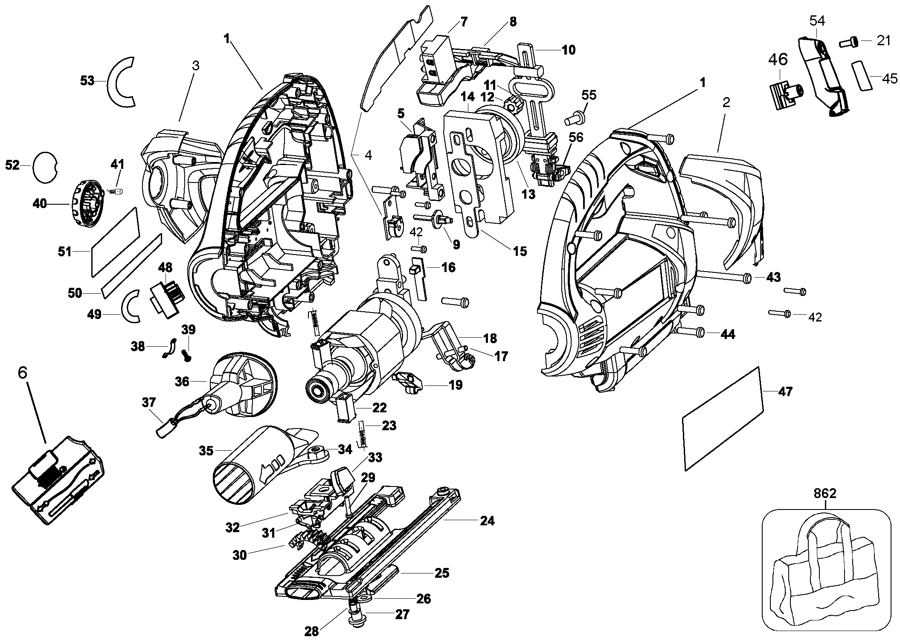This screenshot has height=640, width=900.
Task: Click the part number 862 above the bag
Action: tap(825, 494)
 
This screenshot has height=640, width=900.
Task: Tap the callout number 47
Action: tap(785, 391)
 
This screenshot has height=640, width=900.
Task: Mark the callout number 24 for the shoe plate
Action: tap(488, 521)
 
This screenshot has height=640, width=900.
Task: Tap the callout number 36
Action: tap(182, 381)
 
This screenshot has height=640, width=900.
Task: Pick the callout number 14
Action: tap(468, 96)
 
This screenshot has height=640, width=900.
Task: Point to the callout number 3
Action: tap(195, 66)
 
